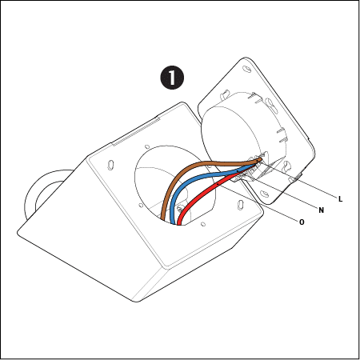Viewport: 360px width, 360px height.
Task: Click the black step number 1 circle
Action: pos(172,78)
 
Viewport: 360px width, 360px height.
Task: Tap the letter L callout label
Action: pos(340,199)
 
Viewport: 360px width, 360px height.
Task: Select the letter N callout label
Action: pos(322,210)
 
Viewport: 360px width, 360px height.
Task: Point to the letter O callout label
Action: pos(302,222)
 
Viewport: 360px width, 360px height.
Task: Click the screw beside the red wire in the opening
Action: pos(181,208)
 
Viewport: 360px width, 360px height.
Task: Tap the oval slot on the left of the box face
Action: pos(110,165)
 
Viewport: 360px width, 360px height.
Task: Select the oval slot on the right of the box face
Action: pos(240,206)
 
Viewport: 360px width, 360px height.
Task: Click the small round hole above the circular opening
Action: pos(146,146)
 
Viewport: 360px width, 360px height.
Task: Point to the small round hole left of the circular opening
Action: pos(141,206)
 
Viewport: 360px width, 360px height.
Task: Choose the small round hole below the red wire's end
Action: pos(203,224)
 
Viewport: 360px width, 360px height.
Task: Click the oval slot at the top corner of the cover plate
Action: pos(246,69)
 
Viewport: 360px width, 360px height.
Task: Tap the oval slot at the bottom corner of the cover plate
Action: pos(265,193)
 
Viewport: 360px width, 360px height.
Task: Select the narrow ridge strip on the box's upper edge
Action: pos(136,131)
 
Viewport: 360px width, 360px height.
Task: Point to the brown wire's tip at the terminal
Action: pos(260,159)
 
